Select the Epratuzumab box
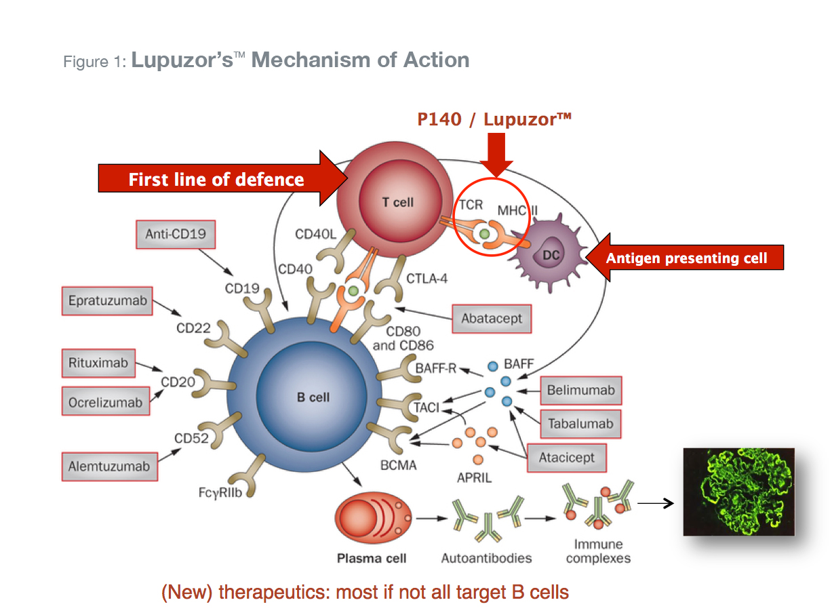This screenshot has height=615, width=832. (108, 301)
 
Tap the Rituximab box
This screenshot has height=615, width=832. (98, 363)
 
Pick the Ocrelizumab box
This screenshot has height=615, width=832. (105, 402)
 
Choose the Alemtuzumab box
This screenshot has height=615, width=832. (108, 467)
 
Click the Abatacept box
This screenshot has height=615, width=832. (492, 319)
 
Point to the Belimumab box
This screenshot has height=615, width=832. (581, 391)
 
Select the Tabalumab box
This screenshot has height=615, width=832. (580, 424)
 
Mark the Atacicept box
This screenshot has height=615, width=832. (566, 458)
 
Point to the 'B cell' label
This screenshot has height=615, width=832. (313, 397)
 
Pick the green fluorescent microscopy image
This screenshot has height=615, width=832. (737, 492)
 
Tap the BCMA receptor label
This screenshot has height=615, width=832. (398, 466)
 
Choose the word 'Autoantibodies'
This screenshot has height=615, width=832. (486, 559)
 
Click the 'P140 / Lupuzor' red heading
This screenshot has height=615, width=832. (494, 120)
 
